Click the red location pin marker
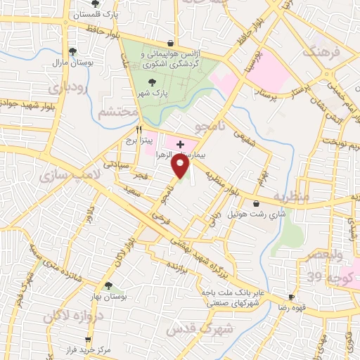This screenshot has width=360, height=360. click(181, 166)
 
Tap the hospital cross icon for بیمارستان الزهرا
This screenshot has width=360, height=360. click(181, 143)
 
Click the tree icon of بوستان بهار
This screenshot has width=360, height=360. click(108, 285)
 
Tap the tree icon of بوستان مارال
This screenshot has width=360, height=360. click(72, 51)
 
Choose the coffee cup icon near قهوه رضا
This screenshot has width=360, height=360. click(292, 297)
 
